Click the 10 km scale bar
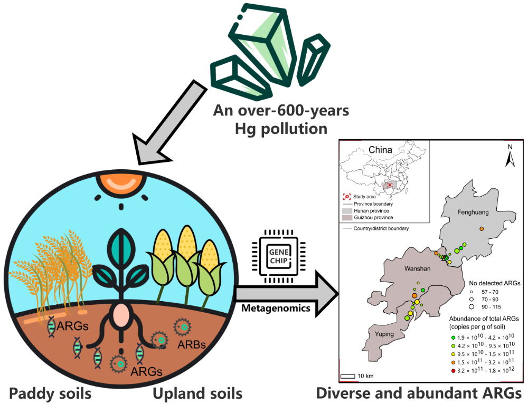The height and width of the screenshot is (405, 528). tap(347, 376)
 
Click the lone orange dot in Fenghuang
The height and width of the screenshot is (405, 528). tap(482, 228)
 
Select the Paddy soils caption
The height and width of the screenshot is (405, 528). tap(50, 393)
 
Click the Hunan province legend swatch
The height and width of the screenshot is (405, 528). tap(347, 210)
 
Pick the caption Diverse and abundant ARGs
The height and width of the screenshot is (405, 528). tap(419, 393)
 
